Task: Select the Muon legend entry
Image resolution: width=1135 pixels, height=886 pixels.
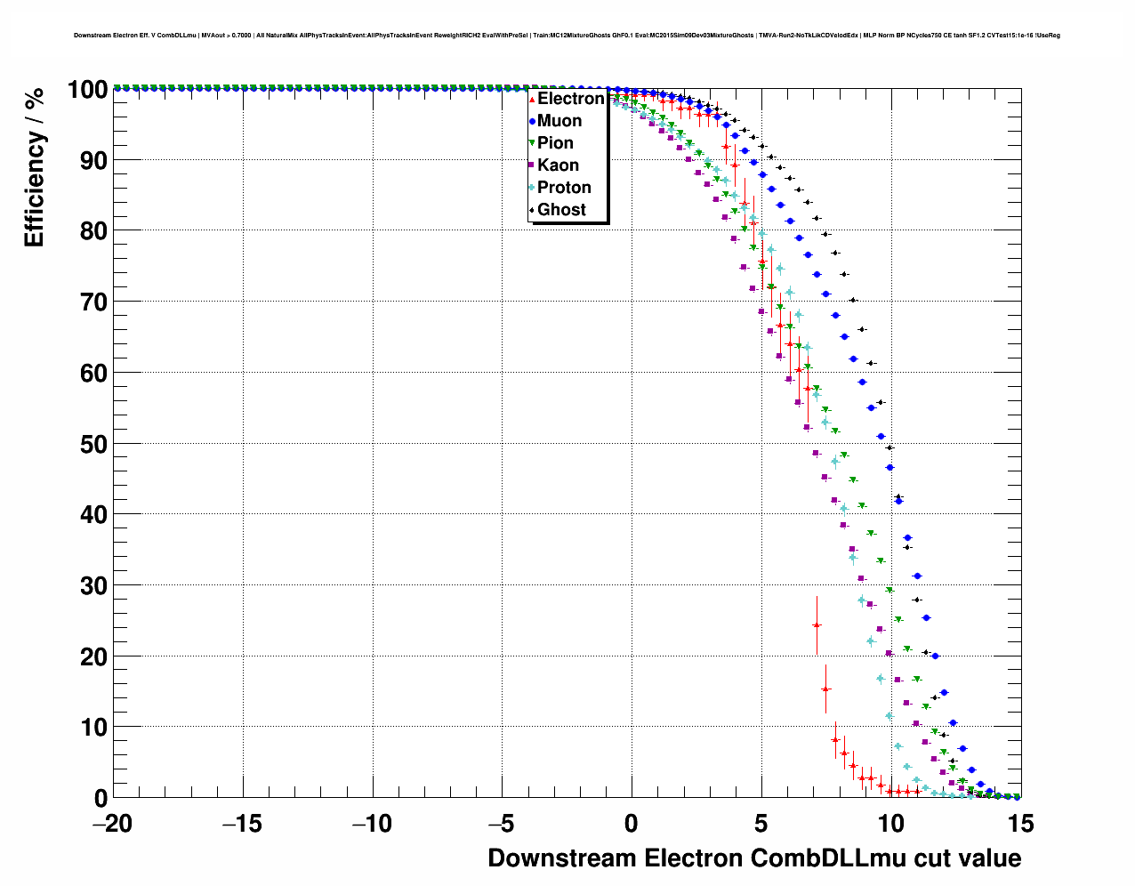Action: tap(559, 121)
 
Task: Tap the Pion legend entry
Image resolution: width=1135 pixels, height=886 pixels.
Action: tap(555, 143)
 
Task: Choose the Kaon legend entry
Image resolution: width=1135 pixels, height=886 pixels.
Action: tap(558, 165)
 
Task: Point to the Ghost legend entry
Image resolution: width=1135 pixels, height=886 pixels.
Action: tap(561, 210)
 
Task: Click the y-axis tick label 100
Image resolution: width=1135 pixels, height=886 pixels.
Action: tap(87, 90)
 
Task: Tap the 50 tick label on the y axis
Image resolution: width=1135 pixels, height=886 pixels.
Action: tap(93, 444)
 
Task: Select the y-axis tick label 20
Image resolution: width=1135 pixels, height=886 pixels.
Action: tap(93, 656)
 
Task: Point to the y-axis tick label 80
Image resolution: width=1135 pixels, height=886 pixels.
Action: tap(93, 231)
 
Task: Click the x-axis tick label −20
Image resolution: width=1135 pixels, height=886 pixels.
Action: tap(112, 824)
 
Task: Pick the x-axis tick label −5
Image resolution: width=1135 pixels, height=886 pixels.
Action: tap(502, 824)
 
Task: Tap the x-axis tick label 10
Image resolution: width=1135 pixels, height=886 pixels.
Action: tap(891, 824)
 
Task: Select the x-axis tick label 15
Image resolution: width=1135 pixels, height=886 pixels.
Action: tap(1021, 824)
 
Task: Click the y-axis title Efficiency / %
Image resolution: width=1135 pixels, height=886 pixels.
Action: tap(35, 166)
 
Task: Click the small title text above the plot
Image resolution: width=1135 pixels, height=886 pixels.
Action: tap(567, 36)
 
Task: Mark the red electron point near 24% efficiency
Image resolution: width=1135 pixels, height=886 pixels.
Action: tap(817, 625)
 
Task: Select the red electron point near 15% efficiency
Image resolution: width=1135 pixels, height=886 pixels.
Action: tap(825, 689)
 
